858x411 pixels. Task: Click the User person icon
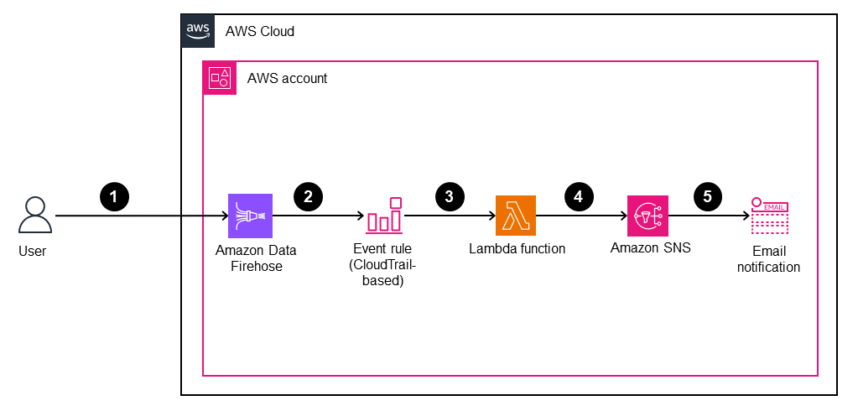(35, 216)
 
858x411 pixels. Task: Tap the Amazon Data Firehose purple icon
(250, 216)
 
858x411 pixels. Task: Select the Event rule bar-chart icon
(384, 216)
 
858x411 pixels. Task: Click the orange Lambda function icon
(515, 216)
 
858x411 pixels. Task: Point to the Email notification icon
(769, 216)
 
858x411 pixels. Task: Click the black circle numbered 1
(114, 196)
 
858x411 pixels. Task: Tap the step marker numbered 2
(308, 196)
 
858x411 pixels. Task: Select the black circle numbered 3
(450, 196)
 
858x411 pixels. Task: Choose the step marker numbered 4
(578, 196)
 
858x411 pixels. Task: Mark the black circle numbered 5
(707, 196)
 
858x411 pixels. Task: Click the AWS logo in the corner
(198, 30)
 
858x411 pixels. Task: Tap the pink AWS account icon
(220, 78)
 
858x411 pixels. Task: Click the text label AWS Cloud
(259, 31)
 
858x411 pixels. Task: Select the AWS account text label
(287, 79)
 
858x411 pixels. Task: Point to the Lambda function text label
(517, 248)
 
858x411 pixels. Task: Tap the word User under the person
(32, 251)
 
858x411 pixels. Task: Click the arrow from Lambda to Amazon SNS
(582, 216)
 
